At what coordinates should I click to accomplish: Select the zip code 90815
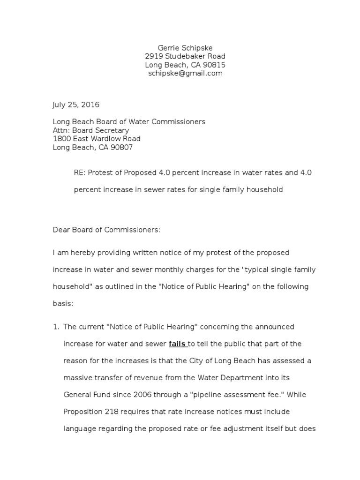tap(215, 65)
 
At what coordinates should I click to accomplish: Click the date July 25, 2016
tap(75, 105)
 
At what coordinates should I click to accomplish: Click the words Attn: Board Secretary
tap(90, 130)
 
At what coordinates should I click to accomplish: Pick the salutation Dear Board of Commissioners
tap(106, 230)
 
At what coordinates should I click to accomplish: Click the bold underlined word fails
tap(178, 344)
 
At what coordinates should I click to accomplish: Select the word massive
tap(77, 377)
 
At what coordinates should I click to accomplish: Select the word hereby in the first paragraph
tap(83, 252)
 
